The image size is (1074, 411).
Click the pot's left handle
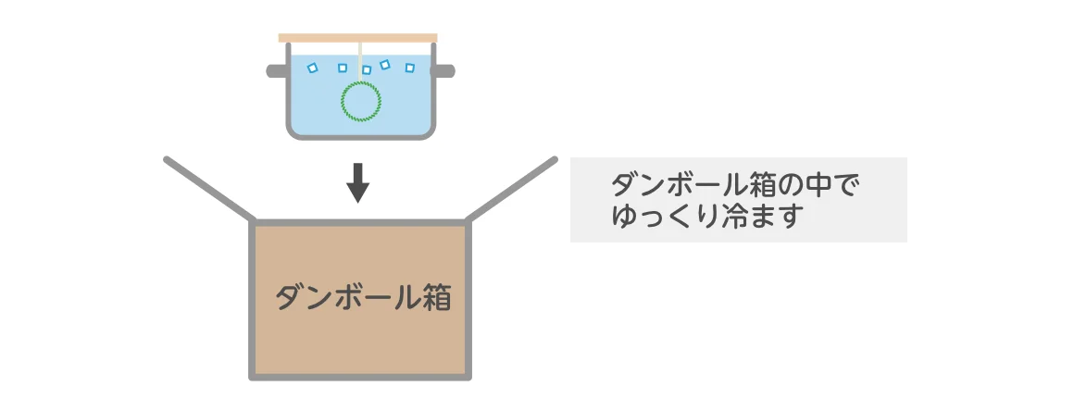(x=276, y=70)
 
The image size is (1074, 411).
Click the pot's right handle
(x=443, y=70)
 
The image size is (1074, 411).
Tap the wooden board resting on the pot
(x=357, y=38)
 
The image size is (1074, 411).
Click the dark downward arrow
(x=357, y=183)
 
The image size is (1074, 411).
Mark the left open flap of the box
(x=209, y=189)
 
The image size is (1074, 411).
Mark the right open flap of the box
(x=512, y=189)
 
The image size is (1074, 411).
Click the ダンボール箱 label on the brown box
(x=363, y=298)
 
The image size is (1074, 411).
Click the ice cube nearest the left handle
(x=312, y=68)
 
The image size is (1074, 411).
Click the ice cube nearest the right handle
(x=409, y=68)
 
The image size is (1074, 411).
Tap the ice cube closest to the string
(x=367, y=69)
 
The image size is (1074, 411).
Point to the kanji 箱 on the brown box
(x=436, y=298)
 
